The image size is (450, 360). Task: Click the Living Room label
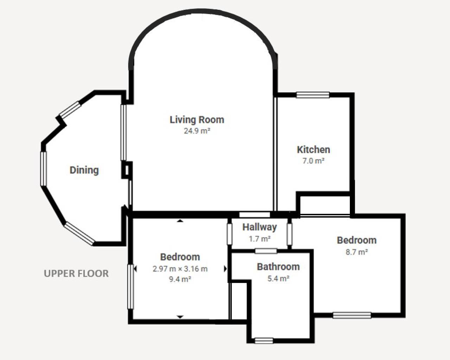197,120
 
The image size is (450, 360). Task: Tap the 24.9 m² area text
197,131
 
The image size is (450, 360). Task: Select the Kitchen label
314,150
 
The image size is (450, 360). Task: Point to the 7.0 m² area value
314,161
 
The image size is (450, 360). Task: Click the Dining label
84,170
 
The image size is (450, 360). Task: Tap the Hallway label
259,227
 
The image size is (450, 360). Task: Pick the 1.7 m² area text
260,239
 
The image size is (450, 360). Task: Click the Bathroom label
278,267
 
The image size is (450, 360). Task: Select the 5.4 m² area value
278,278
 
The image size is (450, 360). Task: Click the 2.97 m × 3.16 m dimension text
180,269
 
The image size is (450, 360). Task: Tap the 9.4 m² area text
180,279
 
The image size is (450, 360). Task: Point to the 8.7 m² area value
357,252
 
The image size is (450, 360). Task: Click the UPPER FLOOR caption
76,274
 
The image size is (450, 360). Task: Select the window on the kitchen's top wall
313,95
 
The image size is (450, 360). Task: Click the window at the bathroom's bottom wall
264,341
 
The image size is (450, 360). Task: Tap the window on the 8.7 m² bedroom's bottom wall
352,315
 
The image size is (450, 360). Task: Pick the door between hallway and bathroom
266,251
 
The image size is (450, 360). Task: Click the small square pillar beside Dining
127,170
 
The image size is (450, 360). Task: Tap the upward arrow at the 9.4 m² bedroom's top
180,221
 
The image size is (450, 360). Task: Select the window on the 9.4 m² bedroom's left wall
130,287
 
